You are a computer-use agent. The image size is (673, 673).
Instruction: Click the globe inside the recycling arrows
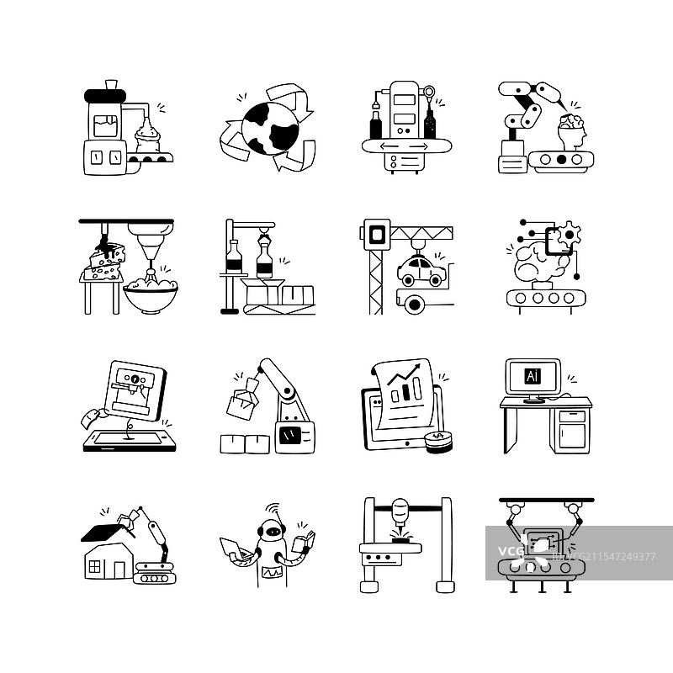pyautogui.click(x=270, y=129)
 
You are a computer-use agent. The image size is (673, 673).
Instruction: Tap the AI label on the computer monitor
pyautogui.click(x=533, y=376)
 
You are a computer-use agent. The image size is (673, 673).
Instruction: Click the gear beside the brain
pyautogui.click(x=570, y=234)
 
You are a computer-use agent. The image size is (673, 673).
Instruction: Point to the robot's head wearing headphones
pyautogui.click(x=272, y=533)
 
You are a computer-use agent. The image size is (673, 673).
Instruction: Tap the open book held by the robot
pyautogui.click(x=303, y=542)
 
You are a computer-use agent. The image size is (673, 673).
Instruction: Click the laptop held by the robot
pyautogui.click(x=235, y=549)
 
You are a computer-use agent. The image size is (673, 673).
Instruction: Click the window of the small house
pyautogui.click(x=94, y=566)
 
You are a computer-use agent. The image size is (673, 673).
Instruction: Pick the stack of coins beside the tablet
pyautogui.click(x=438, y=442)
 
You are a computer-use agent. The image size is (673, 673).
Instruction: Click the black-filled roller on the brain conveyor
pyautogui.click(x=561, y=160)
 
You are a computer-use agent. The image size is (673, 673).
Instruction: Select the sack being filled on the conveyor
pyautogui.click(x=148, y=136)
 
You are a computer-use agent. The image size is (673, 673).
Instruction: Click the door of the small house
pyautogui.click(x=119, y=570)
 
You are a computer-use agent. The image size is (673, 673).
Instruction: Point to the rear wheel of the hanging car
pyautogui.click(x=407, y=282)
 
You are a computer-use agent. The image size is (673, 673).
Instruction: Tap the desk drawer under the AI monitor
pyautogui.click(x=572, y=416)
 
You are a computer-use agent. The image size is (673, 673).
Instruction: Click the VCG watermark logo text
pyautogui.click(x=511, y=551)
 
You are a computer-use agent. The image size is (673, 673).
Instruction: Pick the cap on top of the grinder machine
pyautogui.click(x=111, y=85)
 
